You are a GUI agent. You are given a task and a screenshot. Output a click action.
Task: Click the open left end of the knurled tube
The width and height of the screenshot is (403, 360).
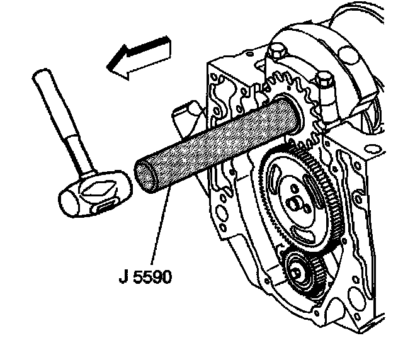coord(144,176)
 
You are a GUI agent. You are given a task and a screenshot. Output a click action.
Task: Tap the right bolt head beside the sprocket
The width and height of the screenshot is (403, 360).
coord(325,81)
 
